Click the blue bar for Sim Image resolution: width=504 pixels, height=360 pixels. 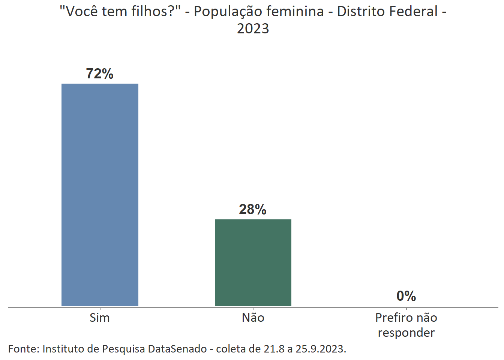[x=100, y=195]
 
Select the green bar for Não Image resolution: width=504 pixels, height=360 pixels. [x=253, y=262]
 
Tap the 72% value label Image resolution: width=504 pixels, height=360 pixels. [x=100, y=73]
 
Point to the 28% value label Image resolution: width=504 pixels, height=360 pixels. [x=253, y=209]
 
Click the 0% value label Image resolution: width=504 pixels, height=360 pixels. [x=406, y=296]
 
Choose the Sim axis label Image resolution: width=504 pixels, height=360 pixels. [x=100, y=318]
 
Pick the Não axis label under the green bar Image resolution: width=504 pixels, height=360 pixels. [x=253, y=318]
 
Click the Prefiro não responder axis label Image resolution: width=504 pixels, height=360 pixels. [x=406, y=325]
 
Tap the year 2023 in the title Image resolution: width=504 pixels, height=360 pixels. [x=253, y=28]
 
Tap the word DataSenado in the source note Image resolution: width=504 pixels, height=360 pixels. [x=177, y=349]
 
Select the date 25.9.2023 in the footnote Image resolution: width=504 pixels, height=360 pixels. [x=321, y=349]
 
